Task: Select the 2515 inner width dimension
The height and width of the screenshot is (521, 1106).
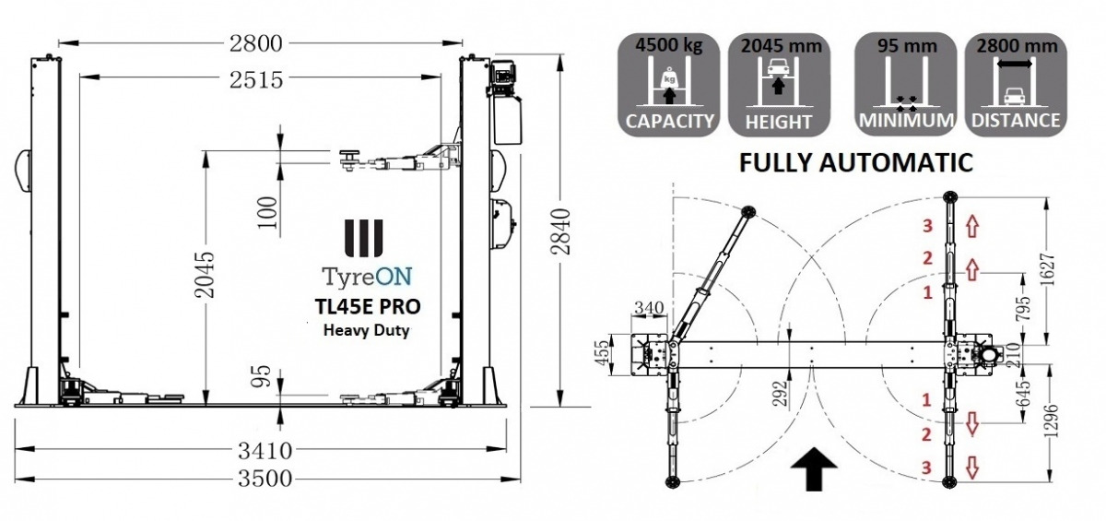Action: coord(257,80)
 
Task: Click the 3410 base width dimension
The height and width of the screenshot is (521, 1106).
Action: coord(265,451)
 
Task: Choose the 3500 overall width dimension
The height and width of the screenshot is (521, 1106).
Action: coord(265,479)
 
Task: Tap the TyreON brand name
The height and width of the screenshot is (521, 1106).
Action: coord(367,276)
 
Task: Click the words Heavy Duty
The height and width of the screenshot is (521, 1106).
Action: coord(367,329)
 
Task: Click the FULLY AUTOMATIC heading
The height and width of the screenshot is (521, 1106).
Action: coord(855,163)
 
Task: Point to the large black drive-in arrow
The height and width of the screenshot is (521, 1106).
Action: coord(814,469)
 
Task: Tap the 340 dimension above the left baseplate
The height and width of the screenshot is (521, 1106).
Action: coord(648,307)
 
